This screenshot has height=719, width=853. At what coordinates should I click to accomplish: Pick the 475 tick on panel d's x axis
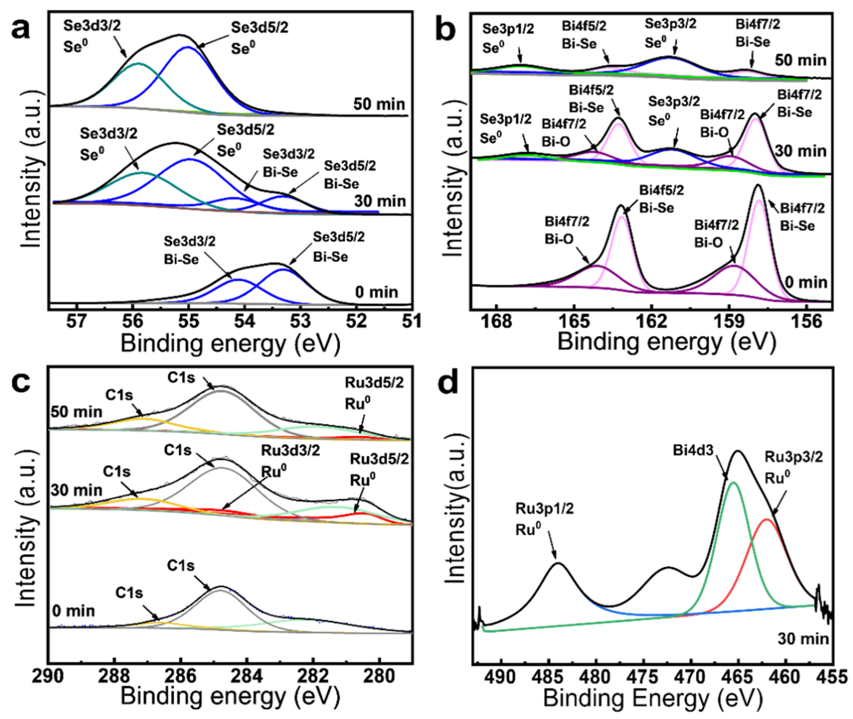pyautogui.click(x=644, y=677)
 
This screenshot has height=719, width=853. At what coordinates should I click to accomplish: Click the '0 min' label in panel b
pyautogui.click(x=806, y=282)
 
